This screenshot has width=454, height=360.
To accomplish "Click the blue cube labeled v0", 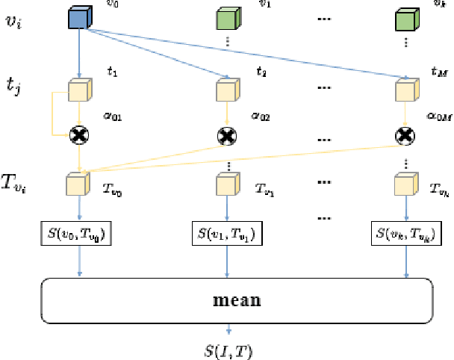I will click(x=78, y=19).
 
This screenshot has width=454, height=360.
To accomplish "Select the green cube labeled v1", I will click(x=226, y=19).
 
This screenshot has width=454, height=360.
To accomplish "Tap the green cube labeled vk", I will click(x=405, y=19).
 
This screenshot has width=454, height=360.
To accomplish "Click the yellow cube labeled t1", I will click(x=78, y=90).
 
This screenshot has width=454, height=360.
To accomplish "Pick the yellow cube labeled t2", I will click(x=226, y=90).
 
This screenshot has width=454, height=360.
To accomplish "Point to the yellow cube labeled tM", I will click(x=405, y=90).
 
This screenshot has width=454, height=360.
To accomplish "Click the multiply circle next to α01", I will click(x=78, y=135).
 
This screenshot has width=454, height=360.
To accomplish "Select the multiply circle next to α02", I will click(x=226, y=135).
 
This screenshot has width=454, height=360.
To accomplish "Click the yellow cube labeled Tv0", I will click(x=78, y=184).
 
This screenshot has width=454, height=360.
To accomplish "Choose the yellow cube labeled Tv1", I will click(x=226, y=184).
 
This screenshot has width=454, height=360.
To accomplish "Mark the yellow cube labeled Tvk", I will click(x=405, y=184).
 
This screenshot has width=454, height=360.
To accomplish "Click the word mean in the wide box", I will click(x=237, y=301).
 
